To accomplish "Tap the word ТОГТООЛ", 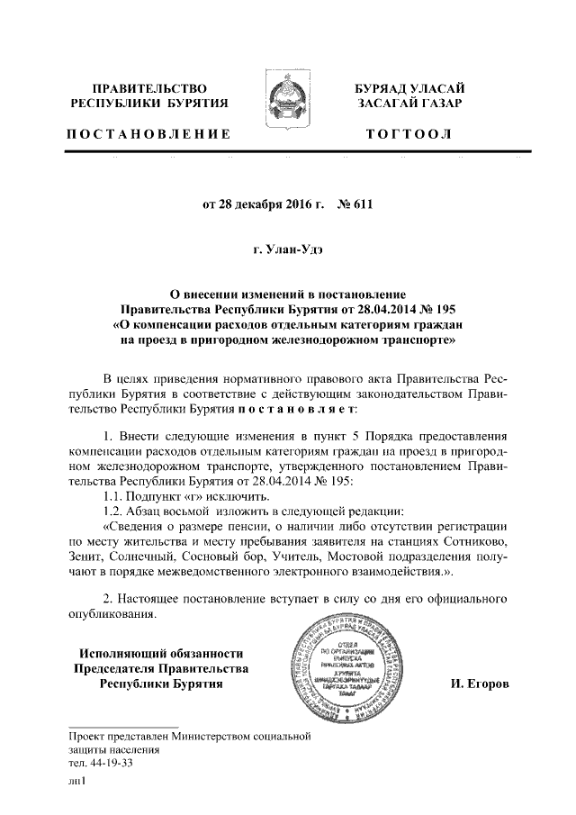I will pos(409,135).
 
